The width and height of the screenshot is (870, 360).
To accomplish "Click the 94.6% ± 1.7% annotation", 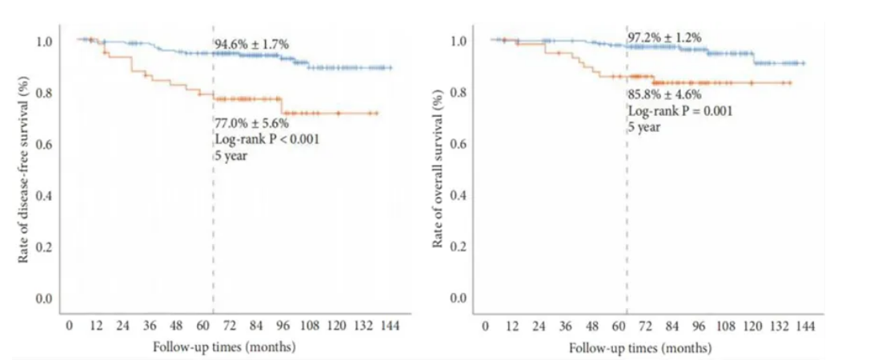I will point(251,44).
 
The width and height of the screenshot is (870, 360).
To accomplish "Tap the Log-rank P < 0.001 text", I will point(260,139).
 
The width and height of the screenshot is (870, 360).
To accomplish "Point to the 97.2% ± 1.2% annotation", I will point(664,37).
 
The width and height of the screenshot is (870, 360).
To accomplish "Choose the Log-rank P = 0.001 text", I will point(680,111).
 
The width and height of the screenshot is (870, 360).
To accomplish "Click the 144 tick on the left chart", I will point(390,326).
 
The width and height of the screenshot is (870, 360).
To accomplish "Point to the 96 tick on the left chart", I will point(283,326).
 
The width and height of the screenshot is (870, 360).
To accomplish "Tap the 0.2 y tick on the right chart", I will point(463,247).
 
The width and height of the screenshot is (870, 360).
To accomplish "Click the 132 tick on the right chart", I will point(777,327).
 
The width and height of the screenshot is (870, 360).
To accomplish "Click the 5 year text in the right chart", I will point(644,127).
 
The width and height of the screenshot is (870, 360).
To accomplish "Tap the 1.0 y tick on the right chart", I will point(463,41).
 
